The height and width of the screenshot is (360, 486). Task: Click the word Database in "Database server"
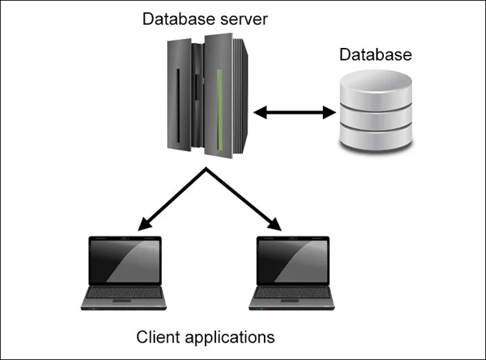coord(173,18)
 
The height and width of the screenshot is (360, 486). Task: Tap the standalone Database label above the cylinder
coord(375,54)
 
